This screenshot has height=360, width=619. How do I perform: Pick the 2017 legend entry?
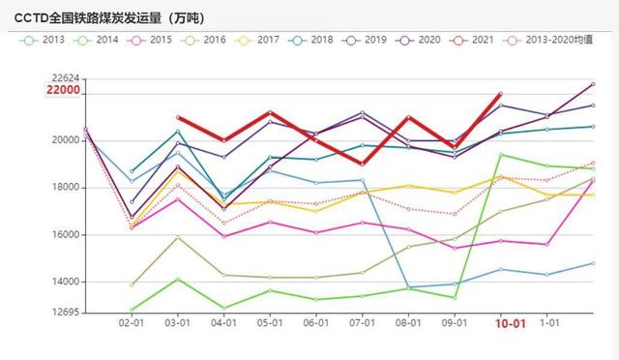259,41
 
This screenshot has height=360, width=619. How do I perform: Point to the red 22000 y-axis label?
63,90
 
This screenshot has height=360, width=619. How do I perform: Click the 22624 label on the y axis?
66,78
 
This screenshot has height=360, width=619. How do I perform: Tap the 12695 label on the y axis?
66,313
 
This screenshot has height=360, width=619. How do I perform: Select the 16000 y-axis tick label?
66,234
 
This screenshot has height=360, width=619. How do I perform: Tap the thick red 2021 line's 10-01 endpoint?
500,94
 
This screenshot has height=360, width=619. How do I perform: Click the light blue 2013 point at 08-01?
408,287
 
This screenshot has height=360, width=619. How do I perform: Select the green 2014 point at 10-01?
500,155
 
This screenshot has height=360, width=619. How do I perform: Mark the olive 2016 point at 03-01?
178,237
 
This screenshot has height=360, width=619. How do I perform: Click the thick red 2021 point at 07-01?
363,164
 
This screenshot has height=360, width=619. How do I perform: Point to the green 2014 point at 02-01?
133,310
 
